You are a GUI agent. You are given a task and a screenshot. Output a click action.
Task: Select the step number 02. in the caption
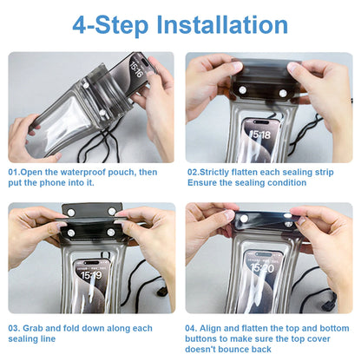pos(194,173)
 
